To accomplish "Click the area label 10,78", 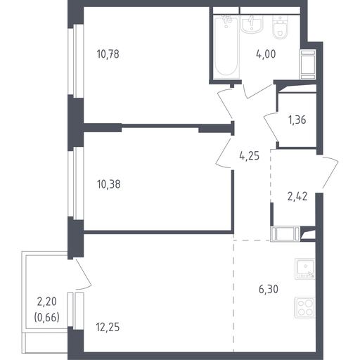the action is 108,54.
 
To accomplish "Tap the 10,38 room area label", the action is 108,184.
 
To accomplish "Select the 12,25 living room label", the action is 108,327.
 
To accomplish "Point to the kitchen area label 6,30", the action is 269,289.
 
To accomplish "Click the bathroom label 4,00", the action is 266,54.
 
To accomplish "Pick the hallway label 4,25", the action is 249,155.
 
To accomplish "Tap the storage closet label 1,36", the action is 297,120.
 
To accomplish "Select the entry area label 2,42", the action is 297,196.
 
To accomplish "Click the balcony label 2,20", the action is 47,302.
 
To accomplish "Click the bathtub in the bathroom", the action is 226,46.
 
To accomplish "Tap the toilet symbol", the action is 281,27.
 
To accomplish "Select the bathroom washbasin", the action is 252,24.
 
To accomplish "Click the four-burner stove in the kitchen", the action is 304,307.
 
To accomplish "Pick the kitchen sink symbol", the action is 304,269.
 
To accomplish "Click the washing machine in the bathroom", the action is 307,64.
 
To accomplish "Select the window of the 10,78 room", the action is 76,61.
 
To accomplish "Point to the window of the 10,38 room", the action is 76,184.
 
